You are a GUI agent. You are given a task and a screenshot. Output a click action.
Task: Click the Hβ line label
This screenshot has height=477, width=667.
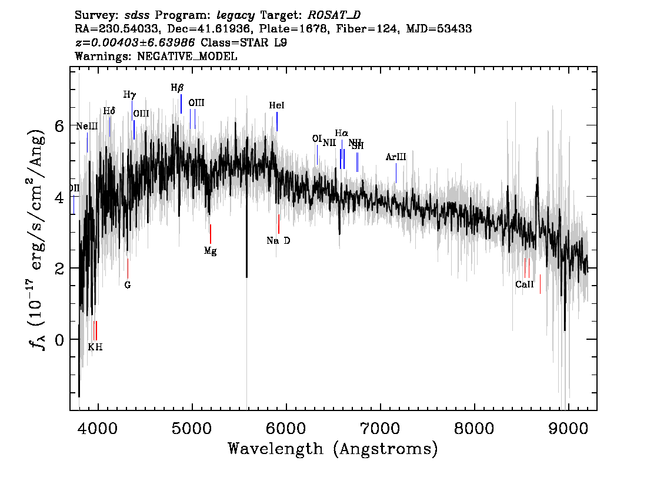tap(177, 88)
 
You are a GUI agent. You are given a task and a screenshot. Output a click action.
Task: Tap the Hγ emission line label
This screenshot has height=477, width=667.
tap(129, 95)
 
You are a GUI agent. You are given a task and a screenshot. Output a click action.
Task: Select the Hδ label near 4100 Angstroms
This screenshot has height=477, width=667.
tap(109, 111)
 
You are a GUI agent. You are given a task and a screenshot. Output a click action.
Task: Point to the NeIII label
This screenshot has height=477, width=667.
tap(87, 127)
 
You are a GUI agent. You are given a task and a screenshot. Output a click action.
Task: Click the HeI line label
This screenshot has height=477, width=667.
tap(276, 106)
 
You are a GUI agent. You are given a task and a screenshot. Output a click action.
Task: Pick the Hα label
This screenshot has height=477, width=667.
tap(342, 133)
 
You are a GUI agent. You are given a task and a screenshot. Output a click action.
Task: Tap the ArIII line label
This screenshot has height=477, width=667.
tap(396, 157)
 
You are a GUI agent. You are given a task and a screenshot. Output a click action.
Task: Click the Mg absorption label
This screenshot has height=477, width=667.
tap(210, 251)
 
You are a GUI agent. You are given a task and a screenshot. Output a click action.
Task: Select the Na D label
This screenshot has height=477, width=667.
tap(278, 241)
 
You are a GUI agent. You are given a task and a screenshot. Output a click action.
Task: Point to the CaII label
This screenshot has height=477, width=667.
tap(525, 284)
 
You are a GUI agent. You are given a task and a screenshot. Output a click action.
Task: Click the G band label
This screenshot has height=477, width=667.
tap(128, 286)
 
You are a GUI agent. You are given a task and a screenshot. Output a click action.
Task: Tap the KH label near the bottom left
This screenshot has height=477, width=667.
tap(95, 347)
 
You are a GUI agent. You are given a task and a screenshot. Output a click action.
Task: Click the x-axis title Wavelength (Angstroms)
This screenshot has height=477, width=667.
tap(333, 449)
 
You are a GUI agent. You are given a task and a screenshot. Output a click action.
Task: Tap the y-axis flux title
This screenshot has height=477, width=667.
tap(36, 241)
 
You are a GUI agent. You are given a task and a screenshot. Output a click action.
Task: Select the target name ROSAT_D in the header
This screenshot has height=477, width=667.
tap(330, 15)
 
